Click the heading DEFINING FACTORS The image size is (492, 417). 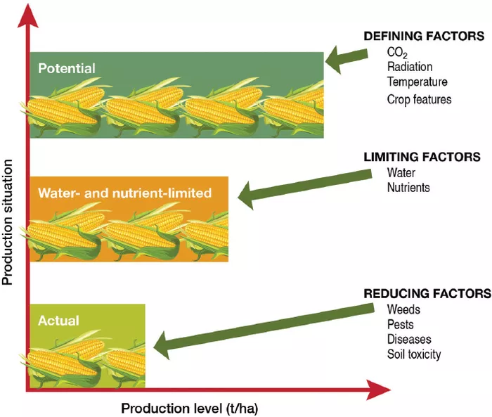(x=424, y=36)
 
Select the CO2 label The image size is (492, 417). (x=397, y=53)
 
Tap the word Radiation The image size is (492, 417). (x=410, y=67)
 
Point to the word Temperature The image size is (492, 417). (x=417, y=82)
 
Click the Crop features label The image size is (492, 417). (x=419, y=99)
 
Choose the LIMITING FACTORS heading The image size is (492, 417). (x=422, y=157)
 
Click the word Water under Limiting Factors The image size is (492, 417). (x=401, y=173)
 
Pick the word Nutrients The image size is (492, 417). (x=408, y=188)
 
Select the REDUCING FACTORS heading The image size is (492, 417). (x=427, y=294)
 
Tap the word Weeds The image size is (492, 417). (x=403, y=309)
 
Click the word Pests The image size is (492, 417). (x=401, y=324)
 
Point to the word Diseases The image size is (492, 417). (x=409, y=339)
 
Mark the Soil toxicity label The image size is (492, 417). (x=414, y=354)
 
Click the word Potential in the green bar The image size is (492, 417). (x=67, y=68)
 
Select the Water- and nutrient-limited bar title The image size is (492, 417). (x=125, y=193)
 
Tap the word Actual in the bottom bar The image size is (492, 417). (x=58, y=321)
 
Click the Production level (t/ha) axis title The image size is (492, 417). (x=190, y=409)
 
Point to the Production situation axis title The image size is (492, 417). (x=8, y=222)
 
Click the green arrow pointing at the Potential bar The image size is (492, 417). (x=347, y=59)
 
